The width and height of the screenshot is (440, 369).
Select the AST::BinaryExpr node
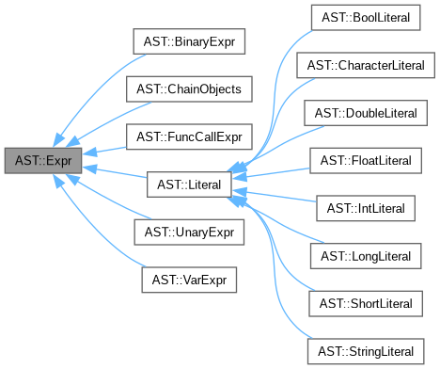click(x=187, y=43)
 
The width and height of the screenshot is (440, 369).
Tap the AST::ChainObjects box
click(x=188, y=90)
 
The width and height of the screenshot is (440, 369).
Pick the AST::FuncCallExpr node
click(x=188, y=137)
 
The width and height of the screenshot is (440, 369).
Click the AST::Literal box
click(x=188, y=184)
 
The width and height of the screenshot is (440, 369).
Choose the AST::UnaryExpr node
click(x=188, y=232)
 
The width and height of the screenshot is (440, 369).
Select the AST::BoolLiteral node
click(x=368, y=20)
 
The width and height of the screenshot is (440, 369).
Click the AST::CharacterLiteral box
click(x=368, y=67)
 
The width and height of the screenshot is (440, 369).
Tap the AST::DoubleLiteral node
click(x=368, y=114)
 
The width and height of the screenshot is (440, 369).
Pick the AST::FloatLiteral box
click(x=368, y=161)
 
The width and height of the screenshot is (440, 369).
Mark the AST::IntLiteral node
click(x=368, y=208)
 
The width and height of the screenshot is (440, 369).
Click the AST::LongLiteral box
click(x=368, y=255)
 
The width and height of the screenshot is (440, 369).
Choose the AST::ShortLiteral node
click(x=368, y=302)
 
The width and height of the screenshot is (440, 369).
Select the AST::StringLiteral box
click(x=368, y=349)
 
